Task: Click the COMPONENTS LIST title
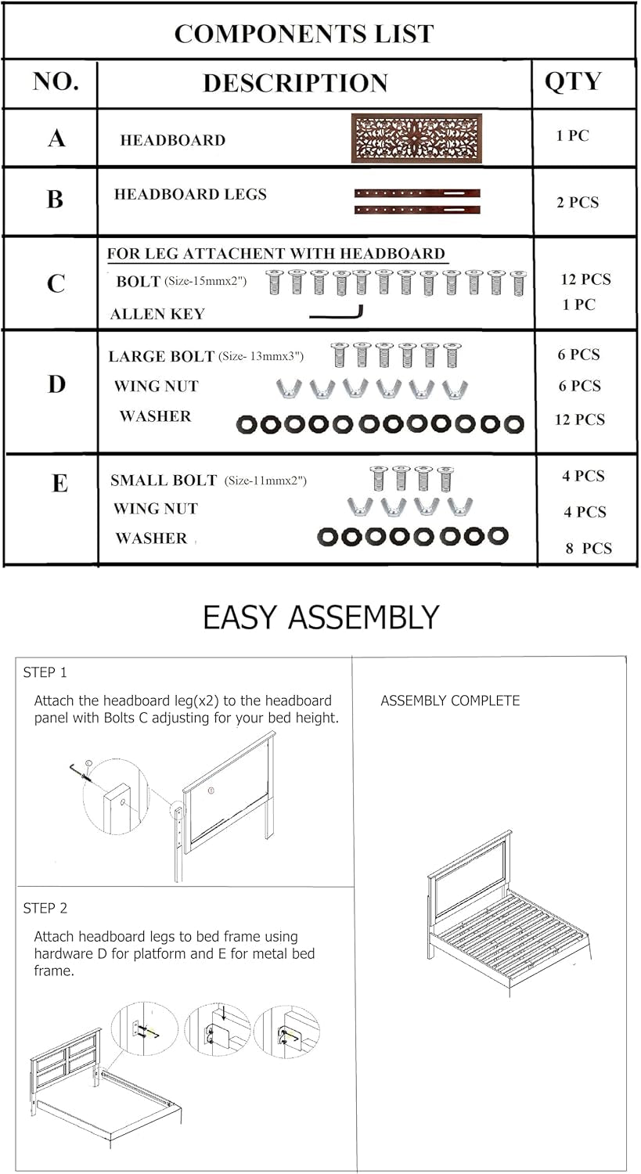304,34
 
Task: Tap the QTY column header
573,81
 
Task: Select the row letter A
56,139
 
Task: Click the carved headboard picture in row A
416,139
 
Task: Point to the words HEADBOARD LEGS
190,194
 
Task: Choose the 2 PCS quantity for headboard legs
578,202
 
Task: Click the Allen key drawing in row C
337,312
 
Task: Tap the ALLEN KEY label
157,313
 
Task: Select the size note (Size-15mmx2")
206,281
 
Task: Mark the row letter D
56,384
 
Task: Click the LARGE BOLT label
161,356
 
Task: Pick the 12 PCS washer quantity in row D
580,420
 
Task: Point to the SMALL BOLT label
164,480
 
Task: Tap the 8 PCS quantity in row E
589,548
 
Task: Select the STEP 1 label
45,672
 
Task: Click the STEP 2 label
45,908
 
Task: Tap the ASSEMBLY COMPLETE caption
450,700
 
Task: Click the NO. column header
56,81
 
